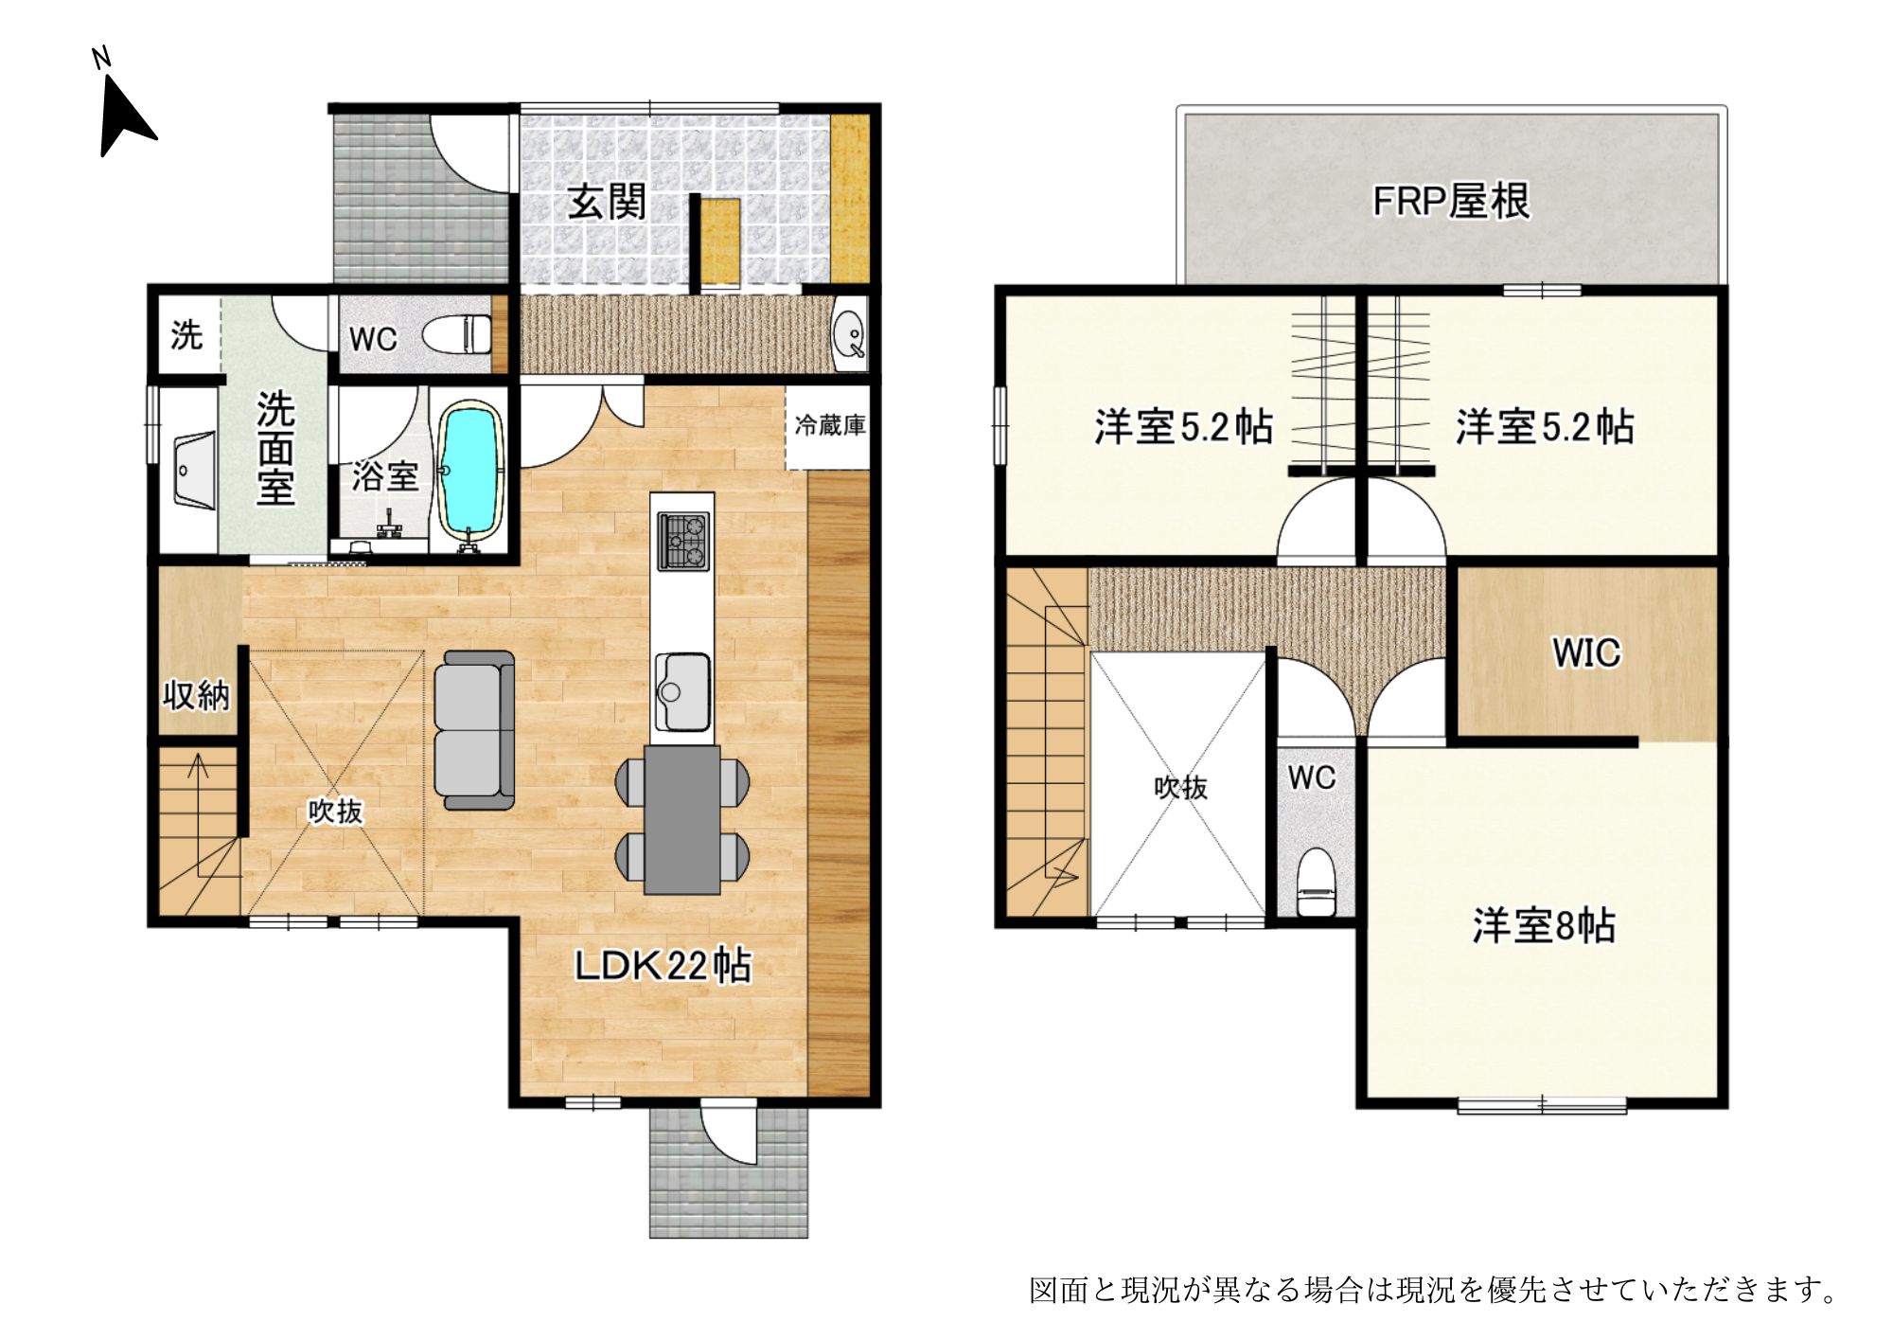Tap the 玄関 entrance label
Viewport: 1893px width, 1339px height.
click(x=607, y=202)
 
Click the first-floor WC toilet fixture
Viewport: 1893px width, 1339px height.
click(x=456, y=334)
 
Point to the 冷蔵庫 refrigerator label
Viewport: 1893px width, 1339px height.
click(x=830, y=425)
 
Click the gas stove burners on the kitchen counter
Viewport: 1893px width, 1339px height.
click(x=682, y=540)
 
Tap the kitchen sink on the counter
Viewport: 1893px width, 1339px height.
click(x=681, y=691)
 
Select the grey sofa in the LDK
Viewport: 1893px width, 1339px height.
click(x=474, y=729)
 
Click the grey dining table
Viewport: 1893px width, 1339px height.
click(x=681, y=820)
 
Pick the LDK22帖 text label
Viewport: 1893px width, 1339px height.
click(x=663, y=965)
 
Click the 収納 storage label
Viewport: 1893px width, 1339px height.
click(x=197, y=695)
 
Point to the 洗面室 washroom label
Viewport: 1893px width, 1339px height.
click(x=275, y=448)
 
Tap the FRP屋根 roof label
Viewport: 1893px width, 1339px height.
click(x=1451, y=201)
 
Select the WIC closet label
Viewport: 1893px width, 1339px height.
click(x=1586, y=652)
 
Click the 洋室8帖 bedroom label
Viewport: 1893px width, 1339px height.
click(x=1544, y=925)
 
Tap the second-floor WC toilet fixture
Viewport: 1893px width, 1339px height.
click(x=1315, y=883)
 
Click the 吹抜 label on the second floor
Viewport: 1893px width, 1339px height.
click(x=1180, y=787)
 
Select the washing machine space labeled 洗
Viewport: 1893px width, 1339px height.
click(x=186, y=334)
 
